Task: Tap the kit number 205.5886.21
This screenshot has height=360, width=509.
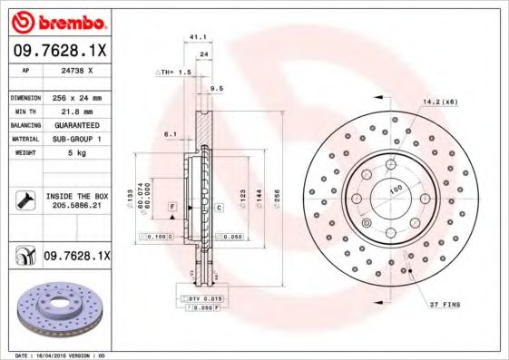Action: tap(76, 205)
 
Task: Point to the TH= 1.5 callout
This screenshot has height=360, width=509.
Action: tap(174, 71)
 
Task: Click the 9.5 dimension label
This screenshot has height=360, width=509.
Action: tap(216, 88)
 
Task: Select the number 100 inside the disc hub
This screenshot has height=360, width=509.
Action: tap(396, 189)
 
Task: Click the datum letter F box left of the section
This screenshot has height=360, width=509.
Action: tap(171, 208)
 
